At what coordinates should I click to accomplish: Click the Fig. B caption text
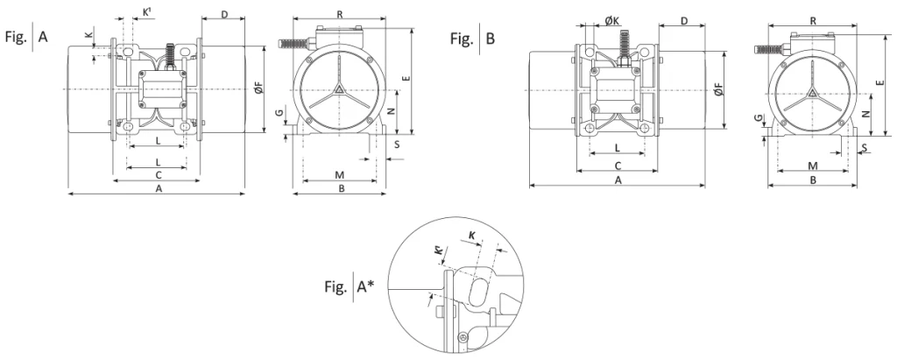(473, 39)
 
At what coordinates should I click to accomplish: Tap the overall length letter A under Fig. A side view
(159, 187)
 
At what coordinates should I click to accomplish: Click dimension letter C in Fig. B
(618, 165)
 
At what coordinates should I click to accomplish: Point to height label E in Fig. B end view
(879, 82)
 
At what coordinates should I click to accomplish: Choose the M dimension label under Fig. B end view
(812, 165)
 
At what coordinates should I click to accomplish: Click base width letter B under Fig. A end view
(343, 187)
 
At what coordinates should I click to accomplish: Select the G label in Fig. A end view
(279, 115)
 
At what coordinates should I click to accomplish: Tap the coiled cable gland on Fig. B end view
(772, 50)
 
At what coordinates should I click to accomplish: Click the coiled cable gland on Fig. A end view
(292, 41)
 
